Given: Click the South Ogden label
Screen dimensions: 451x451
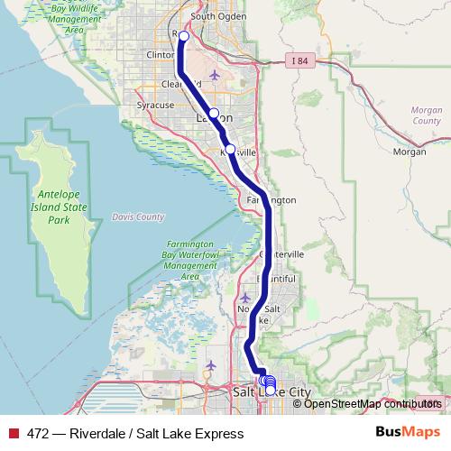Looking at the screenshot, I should tap(213, 16).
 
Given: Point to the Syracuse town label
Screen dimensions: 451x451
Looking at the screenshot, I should tap(154, 106).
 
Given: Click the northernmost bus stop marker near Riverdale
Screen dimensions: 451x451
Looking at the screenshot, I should tap(183, 36).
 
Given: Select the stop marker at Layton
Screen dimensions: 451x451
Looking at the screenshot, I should tap(214, 114).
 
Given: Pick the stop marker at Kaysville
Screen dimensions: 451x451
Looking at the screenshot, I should tap(230, 149).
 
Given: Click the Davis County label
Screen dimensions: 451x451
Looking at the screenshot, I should tap(138, 216).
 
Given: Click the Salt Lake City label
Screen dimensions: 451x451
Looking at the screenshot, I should tap(271, 393).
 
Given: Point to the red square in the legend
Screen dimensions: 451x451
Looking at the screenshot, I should tap(13, 433).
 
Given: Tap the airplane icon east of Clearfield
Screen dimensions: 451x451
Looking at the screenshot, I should tap(214, 75).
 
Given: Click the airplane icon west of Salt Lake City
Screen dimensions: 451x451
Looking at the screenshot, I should tap(211, 364).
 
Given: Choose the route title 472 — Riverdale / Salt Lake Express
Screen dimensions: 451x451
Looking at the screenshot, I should tap(135, 433).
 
